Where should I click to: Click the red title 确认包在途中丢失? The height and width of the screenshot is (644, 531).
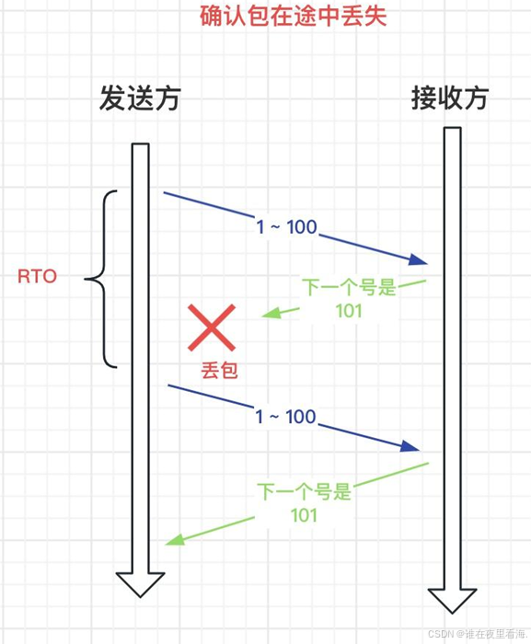[x=294, y=16]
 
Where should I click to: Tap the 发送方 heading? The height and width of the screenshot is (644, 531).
[x=140, y=98]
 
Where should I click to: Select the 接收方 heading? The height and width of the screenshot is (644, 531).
[x=450, y=98]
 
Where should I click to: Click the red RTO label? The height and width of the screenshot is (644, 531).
[x=37, y=276]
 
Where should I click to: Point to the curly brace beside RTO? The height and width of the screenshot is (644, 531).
[x=102, y=280]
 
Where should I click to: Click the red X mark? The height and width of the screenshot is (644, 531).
[x=212, y=328]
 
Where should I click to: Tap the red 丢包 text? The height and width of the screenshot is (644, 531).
[x=219, y=370]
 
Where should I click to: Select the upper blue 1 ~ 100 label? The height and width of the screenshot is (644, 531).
[x=286, y=227]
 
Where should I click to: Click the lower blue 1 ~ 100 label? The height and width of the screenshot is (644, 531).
[x=285, y=417]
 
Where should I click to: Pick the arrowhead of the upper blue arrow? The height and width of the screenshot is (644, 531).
[x=419, y=259]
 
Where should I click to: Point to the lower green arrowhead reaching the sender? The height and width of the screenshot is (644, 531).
[x=175, y=539]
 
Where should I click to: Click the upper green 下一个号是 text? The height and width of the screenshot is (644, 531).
[x=350, y=287]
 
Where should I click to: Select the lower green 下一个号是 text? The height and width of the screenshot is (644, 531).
[x=305, y=491]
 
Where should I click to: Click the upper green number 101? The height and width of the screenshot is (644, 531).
[x=349, y=311]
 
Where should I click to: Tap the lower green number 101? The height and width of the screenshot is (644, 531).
[x=304, y=515]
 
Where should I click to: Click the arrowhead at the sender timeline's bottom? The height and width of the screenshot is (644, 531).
[x=140, y=584]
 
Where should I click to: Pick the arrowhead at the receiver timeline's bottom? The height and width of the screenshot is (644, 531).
[x=452, y=601]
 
